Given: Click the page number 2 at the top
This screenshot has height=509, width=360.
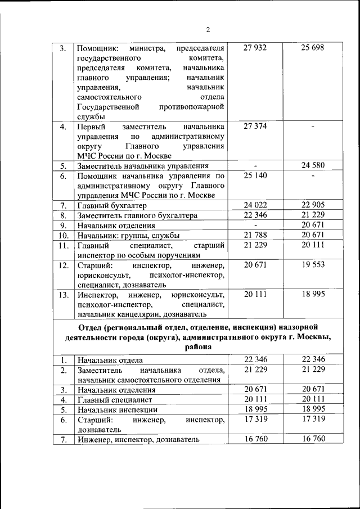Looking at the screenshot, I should coord(208,30).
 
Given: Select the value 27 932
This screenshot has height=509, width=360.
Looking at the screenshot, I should coord(255,48).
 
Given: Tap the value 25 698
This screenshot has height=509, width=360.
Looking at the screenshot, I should coord(313,48).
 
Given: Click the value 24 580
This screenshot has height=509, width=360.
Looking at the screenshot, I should coord(313,165).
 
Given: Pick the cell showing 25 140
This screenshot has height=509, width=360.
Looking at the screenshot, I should coord(255,175).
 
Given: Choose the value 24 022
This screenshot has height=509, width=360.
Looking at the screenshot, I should coord(255,205).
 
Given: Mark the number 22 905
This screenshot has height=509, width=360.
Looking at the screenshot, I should coord(313,205).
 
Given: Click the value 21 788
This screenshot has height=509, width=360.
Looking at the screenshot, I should coord(255,235).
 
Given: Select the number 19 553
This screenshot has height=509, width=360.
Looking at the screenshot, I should coord(313,264).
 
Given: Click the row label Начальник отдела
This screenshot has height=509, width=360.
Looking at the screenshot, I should coord(110,360).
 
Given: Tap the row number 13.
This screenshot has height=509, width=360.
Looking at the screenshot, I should coord(64,294).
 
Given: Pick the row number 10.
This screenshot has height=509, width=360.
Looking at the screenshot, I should coord(64,235).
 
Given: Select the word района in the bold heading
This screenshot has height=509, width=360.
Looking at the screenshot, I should coord(196,347).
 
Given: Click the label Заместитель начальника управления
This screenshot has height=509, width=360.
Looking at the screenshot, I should coord(143,166).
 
